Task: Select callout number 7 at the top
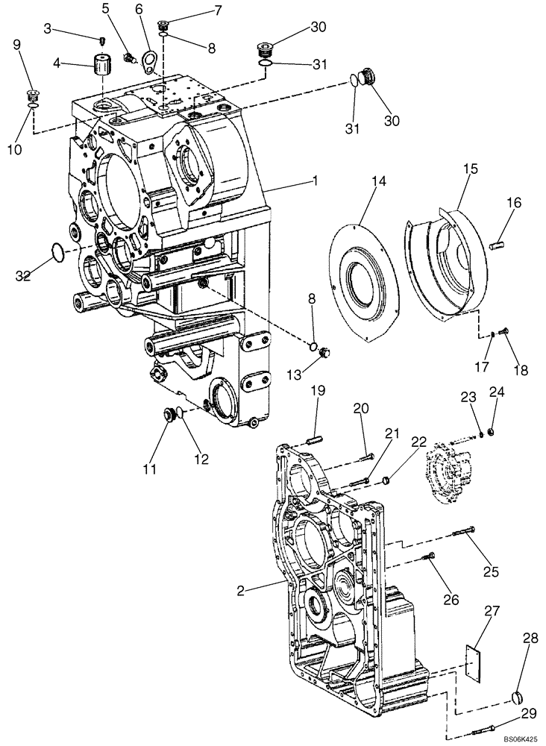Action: click(x=197, y=10)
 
